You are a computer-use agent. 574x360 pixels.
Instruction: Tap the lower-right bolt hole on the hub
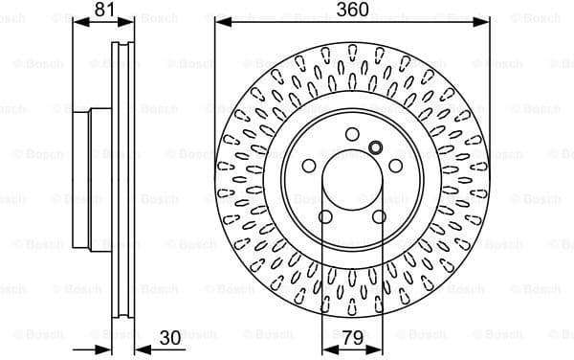pyautogui.click(x=380, y=215)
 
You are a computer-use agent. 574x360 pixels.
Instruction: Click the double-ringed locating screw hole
pyautogui.click(x=375, y=147)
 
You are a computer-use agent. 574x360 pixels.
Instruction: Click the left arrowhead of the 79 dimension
pyautogui.click(x=326, y=348)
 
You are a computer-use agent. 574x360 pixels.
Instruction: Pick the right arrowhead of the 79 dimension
pyautogui.click(x=382, y=348)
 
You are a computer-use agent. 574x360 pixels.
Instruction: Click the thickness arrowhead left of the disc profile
pyautogui.click(x=106, y=348)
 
